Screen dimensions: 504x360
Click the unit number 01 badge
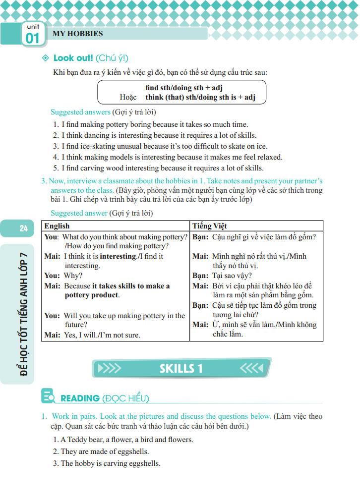tap(32, 38)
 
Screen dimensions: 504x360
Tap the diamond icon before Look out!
tap(46, 58)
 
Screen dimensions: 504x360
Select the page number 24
tap(23, 228)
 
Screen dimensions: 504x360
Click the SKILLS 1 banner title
tap(181, 368)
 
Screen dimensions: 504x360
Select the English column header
tap(57, 225)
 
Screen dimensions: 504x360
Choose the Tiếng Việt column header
tap(210, 225)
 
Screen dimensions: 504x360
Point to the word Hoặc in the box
tap(128, 97)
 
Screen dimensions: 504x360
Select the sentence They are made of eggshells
tap(105, 451)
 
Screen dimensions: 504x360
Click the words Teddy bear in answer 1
tap(83, 440)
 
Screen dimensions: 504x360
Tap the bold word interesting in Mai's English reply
tap(118, 256)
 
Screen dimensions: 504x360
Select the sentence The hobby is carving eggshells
tap(110, 463)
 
